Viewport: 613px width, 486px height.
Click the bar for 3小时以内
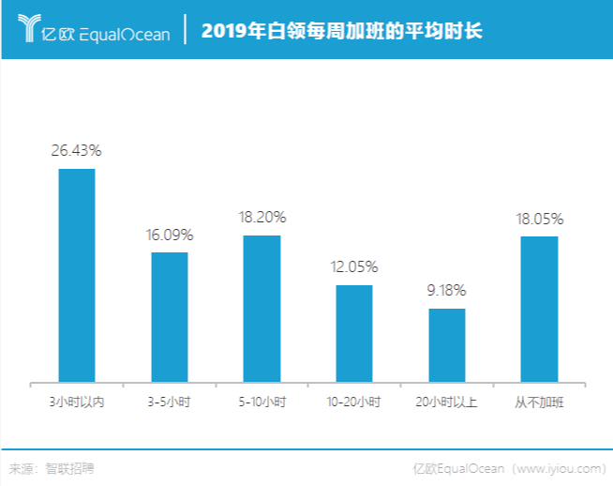tap(77, 275)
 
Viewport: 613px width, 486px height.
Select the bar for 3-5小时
tap(170, 316)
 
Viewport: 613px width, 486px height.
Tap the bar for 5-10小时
tap(262, 308)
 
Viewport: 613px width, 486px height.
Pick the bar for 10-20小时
tap(354, 333)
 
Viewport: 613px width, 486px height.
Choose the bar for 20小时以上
tap(447, 344)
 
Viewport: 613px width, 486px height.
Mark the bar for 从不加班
tap(539, 309)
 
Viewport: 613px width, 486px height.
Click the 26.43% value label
tap(77, 150)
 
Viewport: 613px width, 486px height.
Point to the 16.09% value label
tap(170, 234)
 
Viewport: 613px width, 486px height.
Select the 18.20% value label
tap(262, 217)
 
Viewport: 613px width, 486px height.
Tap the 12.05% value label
tap(354, 266)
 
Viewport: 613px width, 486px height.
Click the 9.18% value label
tap(447, 290)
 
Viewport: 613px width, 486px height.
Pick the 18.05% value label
tap(539, 219)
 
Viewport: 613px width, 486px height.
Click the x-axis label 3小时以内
tap(77, 402)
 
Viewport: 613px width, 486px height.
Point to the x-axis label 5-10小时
tap(262, 402)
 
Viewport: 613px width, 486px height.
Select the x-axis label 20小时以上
tap(447, 402)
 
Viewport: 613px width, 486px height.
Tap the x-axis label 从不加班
tap(539, 402)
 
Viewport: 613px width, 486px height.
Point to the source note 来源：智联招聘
tap(52, 467)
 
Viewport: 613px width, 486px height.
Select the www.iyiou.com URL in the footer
tap(559, 467)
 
